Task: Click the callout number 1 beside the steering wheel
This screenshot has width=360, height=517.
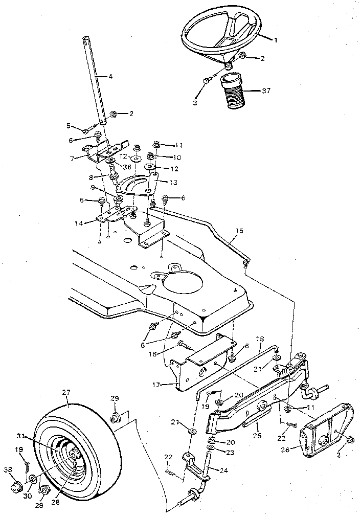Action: click(x=276, y=40)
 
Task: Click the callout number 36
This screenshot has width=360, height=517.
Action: click(x=126, y=167)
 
